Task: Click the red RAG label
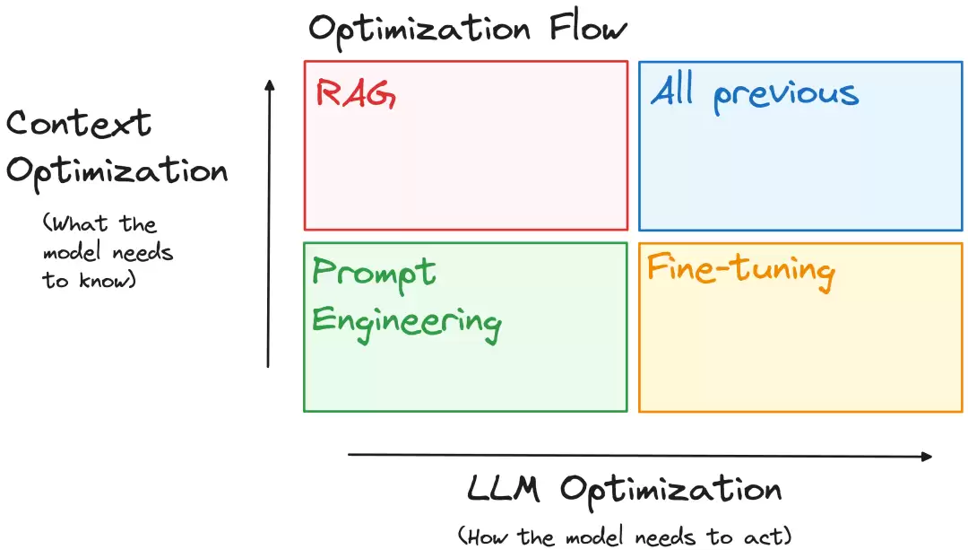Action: [x=356, y=94]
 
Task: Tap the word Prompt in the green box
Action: [x=374, y=273]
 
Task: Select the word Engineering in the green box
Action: [x=407, y=323]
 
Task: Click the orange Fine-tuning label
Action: [x=741, y=270]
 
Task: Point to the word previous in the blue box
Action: [x=786, y=95]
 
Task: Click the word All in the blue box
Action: [x=673, y=91]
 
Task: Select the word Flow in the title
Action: [x=588, y=28]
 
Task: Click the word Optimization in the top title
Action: [x=419, y=31]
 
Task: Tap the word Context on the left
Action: [x=79, y=122]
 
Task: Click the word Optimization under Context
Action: [x=117, y=172]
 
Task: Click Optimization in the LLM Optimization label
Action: [x=671, y=492]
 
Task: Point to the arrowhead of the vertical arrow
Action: [x=269, y=84]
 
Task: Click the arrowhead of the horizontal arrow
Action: [x=927, y=457]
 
